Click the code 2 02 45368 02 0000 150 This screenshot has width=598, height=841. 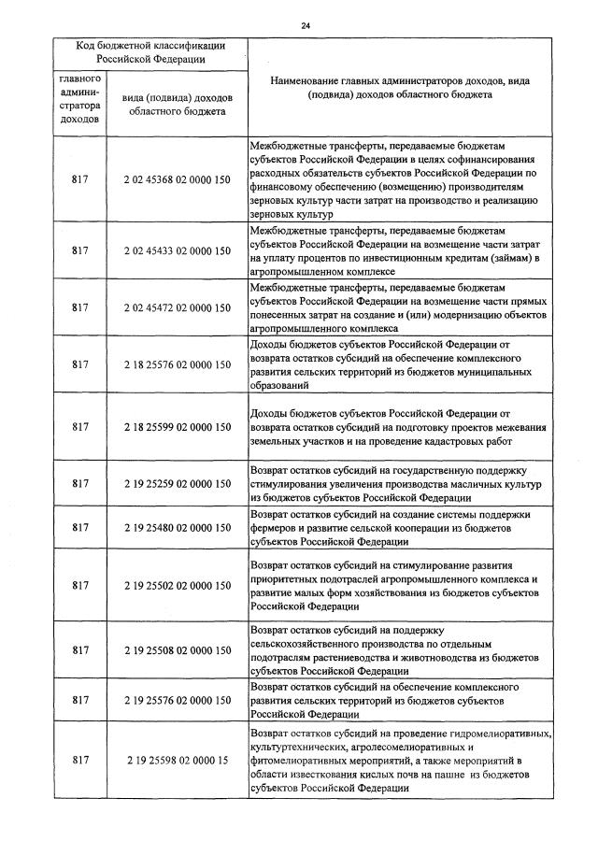click(x=177, y=179)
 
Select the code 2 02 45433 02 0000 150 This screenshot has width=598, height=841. click(x=177, y=250)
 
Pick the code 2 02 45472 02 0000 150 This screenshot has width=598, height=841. click(x=177, y=307)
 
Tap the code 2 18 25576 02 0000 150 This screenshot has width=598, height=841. click(x=177, y=364)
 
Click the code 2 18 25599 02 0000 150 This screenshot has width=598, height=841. click(x=177, y=427)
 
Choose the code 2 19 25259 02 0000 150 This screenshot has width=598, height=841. click(x=177, y=484)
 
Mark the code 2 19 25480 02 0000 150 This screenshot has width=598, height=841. click(x=177, y=528)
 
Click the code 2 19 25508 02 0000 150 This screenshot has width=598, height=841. click(x=177, y=649)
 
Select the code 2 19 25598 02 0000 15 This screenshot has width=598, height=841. click(x=177, y=761)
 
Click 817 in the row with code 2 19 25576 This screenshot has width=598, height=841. click(x=79, y=699)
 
